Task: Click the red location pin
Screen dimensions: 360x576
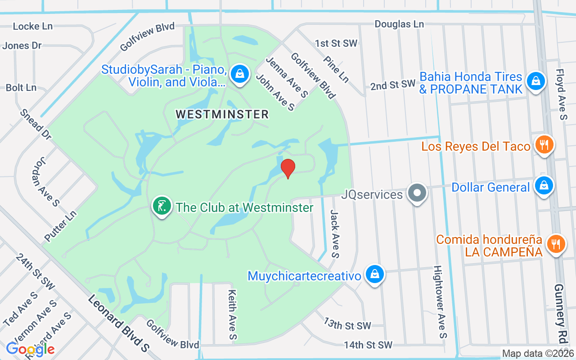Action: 288,168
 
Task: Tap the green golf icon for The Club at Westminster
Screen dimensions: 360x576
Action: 162,207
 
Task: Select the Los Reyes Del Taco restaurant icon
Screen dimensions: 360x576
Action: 544,145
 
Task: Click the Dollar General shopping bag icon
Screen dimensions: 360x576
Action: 544,185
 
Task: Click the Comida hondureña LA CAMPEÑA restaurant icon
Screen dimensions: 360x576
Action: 556,244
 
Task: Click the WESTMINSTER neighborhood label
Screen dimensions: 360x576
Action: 222,114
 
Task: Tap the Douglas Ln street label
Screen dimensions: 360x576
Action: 399,24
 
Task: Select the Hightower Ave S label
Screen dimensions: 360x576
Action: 440,301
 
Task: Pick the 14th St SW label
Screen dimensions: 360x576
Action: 368,345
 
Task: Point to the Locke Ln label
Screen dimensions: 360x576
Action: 33,26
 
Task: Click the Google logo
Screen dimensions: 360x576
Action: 31,349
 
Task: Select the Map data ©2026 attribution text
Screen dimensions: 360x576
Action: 538,354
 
